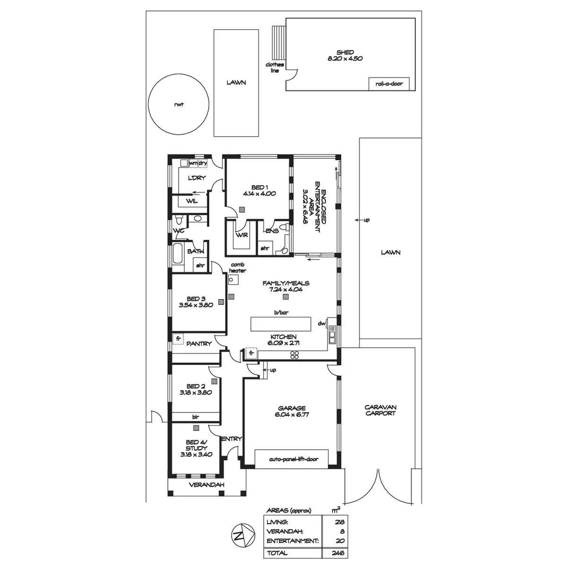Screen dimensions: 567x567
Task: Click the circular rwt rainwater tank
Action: [179, 105]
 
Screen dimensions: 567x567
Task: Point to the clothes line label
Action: [275, 67]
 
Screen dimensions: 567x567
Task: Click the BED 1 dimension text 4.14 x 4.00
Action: [259, 194]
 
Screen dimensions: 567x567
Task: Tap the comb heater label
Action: [237, 268]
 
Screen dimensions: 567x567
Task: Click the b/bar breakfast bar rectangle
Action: [281, 324]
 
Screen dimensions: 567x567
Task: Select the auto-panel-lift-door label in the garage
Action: [293, 459]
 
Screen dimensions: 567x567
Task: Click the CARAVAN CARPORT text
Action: [380, 410]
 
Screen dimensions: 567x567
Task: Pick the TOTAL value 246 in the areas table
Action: [337, 553]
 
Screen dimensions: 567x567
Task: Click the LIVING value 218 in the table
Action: [339, 522]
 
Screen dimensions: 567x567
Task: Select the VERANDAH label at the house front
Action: [206, 485]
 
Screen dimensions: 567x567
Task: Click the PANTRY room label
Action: [199, 344]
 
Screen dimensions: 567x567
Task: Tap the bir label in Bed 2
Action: [195, 417]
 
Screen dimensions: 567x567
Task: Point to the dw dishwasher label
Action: [321, 324]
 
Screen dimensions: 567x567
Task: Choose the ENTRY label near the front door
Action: [231, 439]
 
